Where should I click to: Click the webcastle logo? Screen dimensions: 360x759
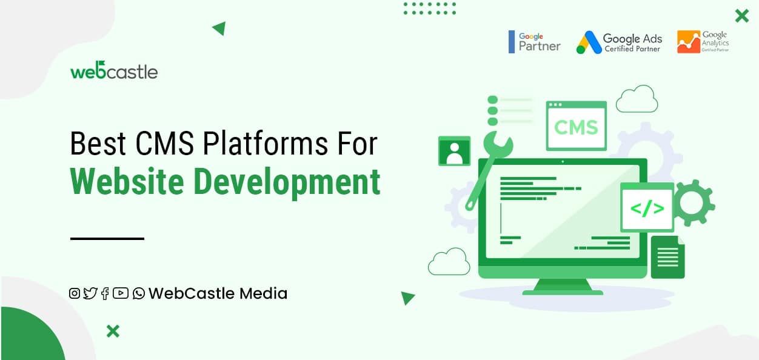pos(113,71)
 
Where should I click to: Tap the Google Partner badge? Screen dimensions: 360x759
pos(535,42)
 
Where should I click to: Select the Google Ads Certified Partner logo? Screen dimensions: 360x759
pos(619,42)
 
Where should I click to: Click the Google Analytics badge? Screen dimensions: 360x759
pos(703,42)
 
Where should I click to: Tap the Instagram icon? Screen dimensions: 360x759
pos(75,294)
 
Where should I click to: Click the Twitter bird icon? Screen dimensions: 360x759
pos(90,294)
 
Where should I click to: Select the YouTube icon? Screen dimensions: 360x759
pos(121,294)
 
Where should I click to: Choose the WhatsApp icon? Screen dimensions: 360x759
pos(139,294)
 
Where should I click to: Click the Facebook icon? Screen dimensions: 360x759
pos(105,294)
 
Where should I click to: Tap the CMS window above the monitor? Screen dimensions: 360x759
pos(576,126)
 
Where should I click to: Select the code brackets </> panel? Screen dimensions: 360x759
pos(647,208)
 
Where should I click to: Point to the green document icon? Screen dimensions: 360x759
pos(667,257)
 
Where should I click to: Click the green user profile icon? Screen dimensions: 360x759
pos(454,151)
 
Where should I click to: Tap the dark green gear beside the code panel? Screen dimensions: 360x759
pos(694,203)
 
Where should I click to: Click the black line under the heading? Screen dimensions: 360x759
pos(107,239)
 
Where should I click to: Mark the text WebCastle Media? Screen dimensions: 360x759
pos(218,294)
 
